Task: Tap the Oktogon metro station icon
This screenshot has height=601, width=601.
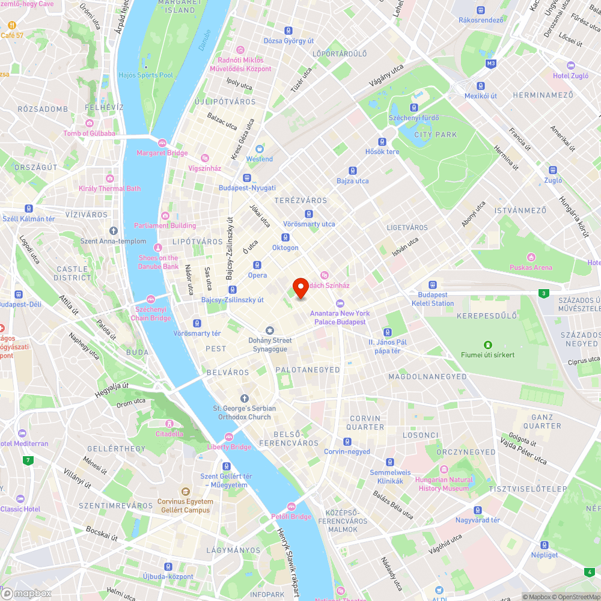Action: pos(285,237)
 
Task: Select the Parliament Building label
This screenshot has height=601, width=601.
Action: pos(165,225)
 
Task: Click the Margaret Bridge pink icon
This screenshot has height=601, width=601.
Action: pos(162,142)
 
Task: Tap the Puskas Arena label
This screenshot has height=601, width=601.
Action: pos(531,267)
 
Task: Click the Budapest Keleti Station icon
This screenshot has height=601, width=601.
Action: pos(433,285)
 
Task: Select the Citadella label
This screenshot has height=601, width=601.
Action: pos(169,433)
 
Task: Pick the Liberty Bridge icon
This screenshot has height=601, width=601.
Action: pos(228,437)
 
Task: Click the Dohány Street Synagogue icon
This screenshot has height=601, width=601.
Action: pos(269,331)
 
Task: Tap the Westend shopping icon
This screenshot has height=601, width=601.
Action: pos(260,148)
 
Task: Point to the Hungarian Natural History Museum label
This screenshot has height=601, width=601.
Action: pos(443,484)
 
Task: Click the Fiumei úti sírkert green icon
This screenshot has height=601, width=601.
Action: pos(487,344)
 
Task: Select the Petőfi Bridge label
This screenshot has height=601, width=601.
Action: pos(291,516)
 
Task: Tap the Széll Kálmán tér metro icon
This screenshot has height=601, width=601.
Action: pos(28,209)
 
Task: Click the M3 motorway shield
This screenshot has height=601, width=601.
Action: pos(491,63)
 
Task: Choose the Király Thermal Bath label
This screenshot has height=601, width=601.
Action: pos(109,188)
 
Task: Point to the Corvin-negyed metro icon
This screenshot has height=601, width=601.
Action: pos(347,442)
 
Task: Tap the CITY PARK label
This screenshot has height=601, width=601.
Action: pos(436,135)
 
